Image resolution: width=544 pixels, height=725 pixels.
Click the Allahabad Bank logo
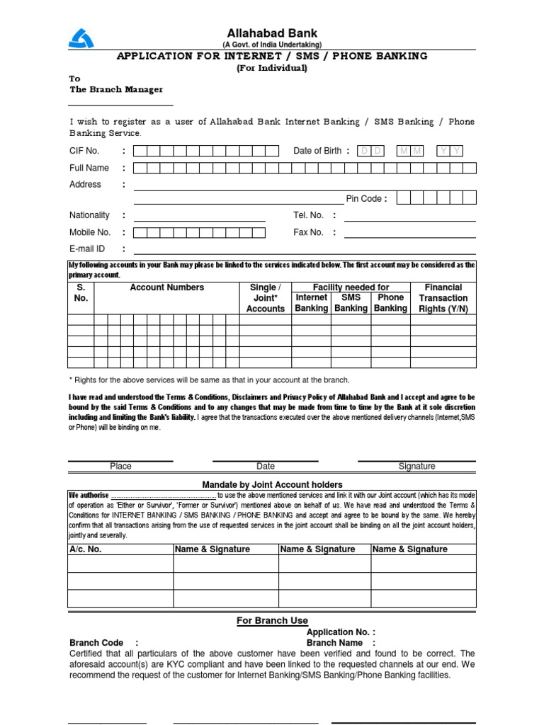[81, 35]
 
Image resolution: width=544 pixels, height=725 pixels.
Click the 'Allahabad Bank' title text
[272, 33]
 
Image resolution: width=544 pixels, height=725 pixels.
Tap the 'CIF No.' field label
[84, 151]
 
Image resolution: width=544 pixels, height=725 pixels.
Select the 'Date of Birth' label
[317, 151]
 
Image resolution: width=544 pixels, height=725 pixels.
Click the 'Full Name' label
[89, 168]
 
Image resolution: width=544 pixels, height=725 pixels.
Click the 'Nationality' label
[89, 215]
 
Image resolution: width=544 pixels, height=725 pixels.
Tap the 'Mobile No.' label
[90, 232]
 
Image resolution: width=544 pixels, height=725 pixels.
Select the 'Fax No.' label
[308, 232]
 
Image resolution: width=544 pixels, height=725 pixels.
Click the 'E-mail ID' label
[87, 249]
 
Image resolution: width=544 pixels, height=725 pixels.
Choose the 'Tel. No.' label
[308, 215]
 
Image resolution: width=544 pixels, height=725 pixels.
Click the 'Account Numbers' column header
[166, 287]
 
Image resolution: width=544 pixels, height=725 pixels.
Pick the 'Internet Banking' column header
[311, 303]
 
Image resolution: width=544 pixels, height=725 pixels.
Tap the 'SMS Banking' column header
[351, 303]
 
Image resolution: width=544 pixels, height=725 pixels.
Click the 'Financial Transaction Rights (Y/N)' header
[443, 298]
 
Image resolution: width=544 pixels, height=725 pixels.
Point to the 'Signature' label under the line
[416, 467]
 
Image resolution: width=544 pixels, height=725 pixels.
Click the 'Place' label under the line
[120, 467]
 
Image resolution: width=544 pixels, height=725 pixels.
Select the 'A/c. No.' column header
[85, 549]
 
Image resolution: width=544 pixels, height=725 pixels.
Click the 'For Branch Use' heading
[272, 621]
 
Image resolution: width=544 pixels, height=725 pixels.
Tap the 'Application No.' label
[341, 632]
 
